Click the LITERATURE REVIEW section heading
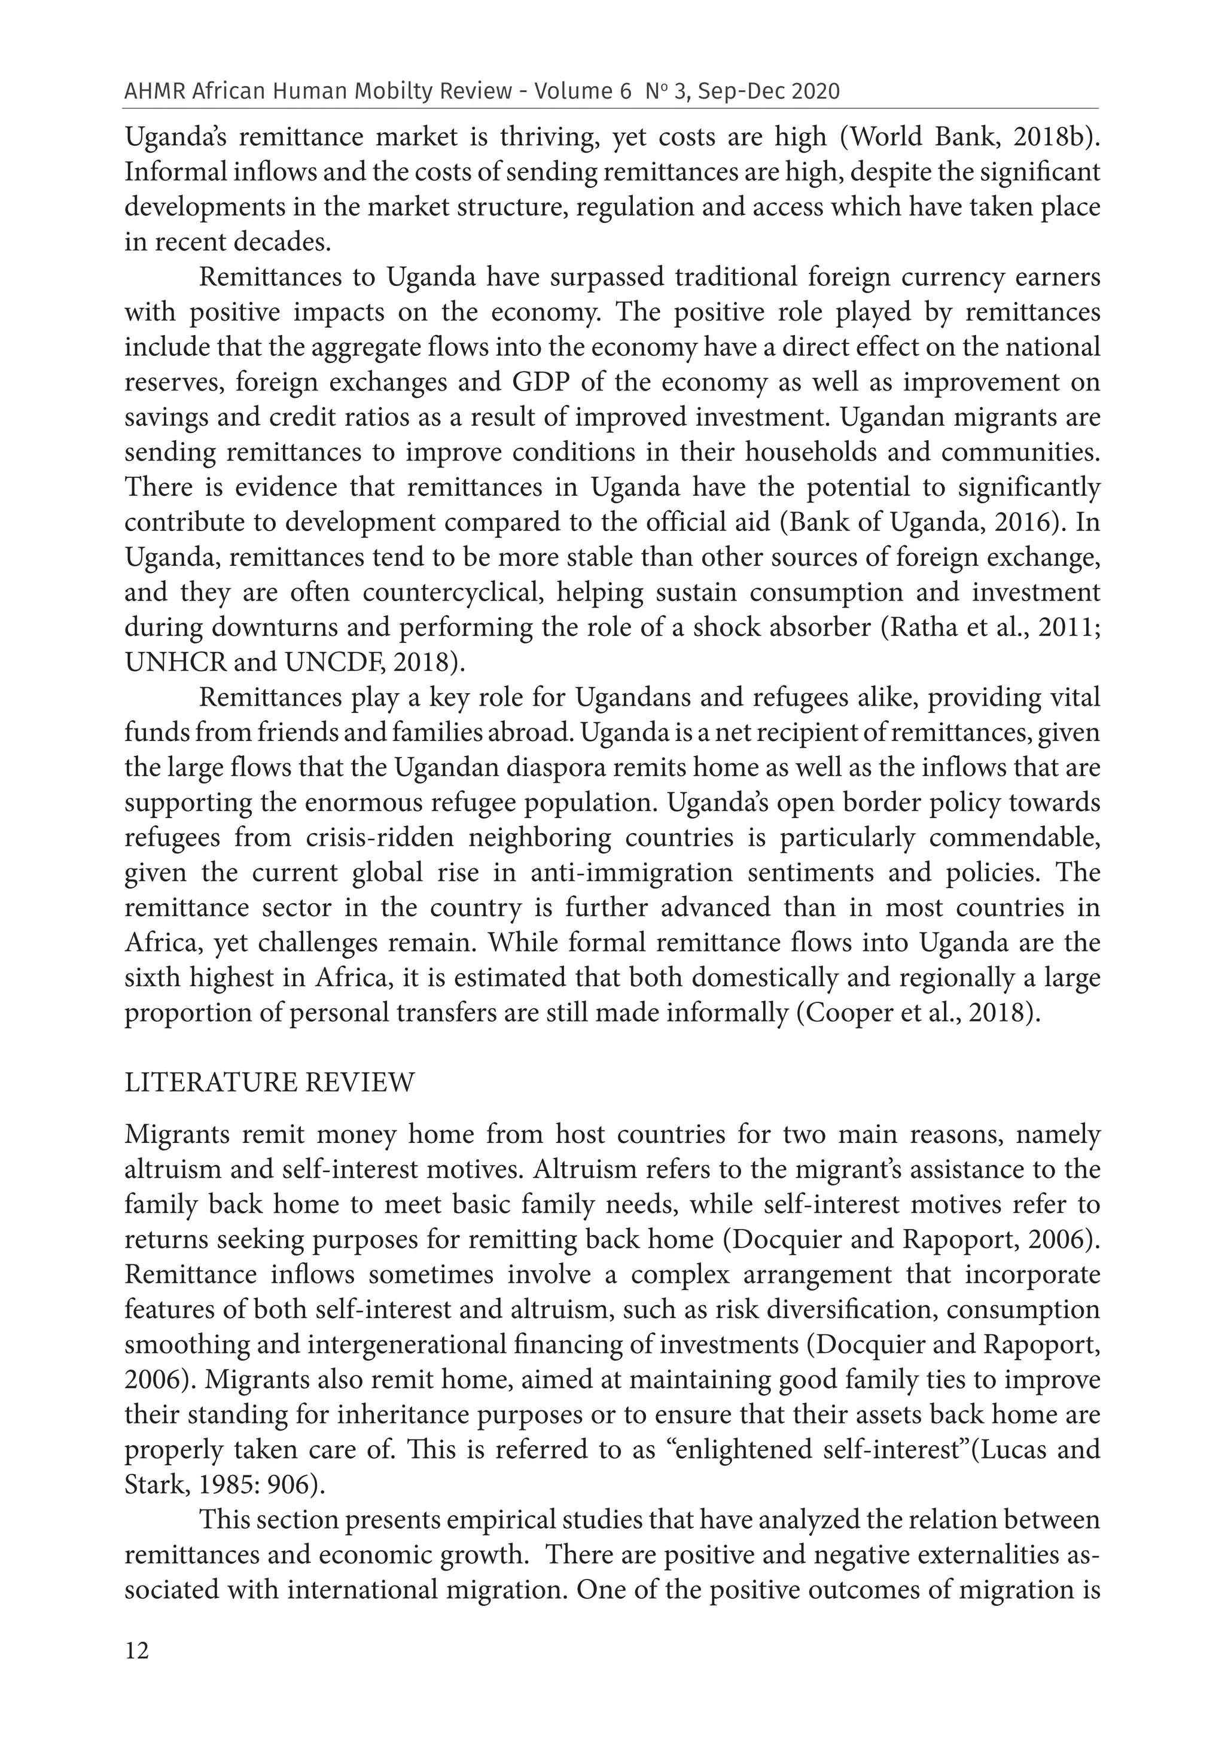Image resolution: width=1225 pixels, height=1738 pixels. pos(270,1083)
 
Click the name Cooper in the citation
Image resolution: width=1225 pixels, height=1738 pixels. pos(852,1013)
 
